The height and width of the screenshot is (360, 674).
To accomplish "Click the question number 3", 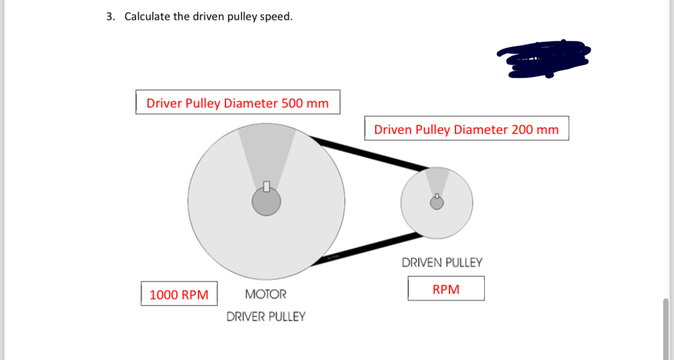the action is click(x=110, y=17).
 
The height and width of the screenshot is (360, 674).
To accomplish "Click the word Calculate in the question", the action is click(x=147, y=17).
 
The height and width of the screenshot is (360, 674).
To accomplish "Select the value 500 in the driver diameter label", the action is click(x=292, y=103).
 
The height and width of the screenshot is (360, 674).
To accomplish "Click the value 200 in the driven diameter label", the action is click(x=522, y=129).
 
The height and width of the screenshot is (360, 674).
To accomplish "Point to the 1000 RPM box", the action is click(x=179, y=294).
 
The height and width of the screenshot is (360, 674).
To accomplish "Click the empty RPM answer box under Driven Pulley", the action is click(x=446, y=289).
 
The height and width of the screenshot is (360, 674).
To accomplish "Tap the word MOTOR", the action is click(x=265, y=294).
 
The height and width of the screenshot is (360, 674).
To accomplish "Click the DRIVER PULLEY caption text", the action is click(x=265, y=316).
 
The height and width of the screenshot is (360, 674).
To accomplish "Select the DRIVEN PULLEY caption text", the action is click(x=442, y=262).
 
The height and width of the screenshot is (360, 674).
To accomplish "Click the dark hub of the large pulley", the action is click(x=266, y=202).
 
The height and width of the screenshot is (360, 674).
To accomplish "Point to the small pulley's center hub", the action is click(x=437, y=204).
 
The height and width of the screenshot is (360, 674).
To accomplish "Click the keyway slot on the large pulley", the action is click(x=266, y=186).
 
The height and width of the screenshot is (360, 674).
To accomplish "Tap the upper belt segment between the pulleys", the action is click(x=371, y=152).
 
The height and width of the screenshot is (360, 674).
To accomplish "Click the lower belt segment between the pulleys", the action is click(x=365, y=246).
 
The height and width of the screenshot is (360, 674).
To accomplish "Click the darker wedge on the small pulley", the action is click(x=437, y=180).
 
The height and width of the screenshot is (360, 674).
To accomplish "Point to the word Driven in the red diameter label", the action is click(x=392, y=129).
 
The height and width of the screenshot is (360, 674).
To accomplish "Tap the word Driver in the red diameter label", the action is click(x=164, y=103).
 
